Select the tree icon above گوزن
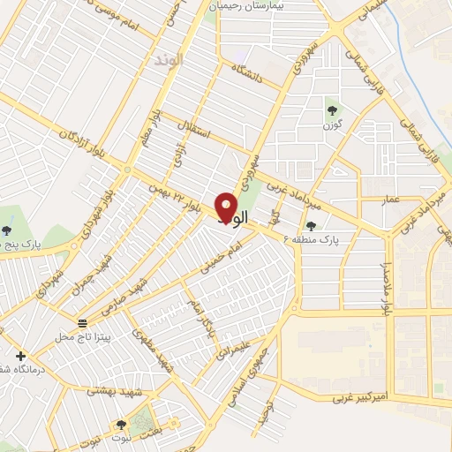click(333, 110)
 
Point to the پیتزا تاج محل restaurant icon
click(82, 323)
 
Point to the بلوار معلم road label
click(153, 132)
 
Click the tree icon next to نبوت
click(121, 426)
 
